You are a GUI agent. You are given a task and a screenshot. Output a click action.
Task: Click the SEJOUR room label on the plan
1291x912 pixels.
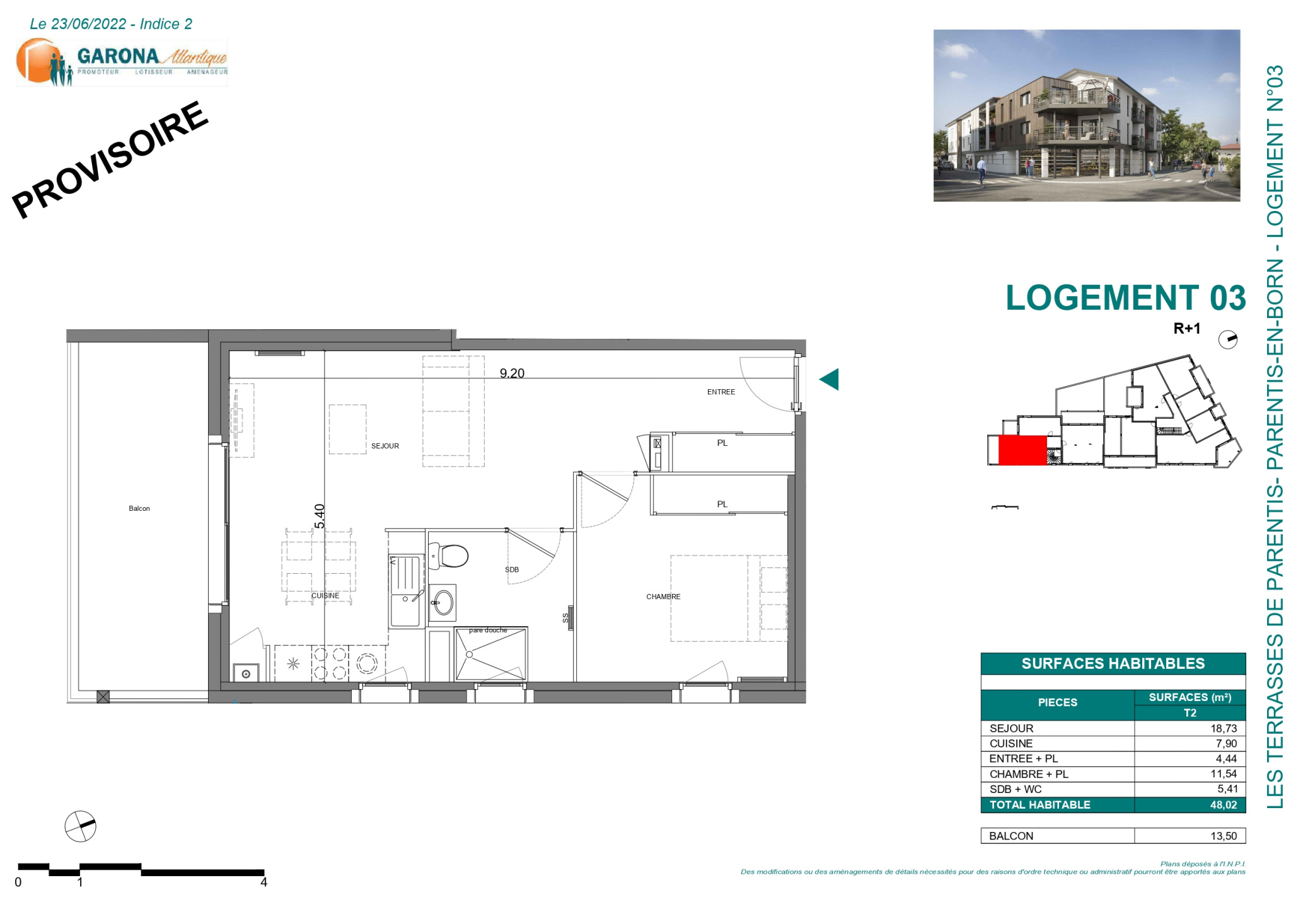pos(385,446)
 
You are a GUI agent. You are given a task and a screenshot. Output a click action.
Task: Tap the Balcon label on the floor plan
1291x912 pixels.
pos(139,508)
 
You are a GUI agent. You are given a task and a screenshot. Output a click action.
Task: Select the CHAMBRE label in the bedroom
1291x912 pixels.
pos(663,596)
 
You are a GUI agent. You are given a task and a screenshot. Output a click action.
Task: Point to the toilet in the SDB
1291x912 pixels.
pos(449,556)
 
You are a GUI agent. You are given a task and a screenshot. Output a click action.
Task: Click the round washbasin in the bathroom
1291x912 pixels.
pos(443,602)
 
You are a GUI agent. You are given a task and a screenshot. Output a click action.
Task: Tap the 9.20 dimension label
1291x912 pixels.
pos(512,373)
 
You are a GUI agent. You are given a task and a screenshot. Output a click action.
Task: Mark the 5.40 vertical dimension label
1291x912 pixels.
pos(320,516)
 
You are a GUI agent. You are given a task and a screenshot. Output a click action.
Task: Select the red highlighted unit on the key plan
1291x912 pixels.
pos(1022,450)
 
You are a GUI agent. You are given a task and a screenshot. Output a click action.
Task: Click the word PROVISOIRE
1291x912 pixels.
pos(110,159)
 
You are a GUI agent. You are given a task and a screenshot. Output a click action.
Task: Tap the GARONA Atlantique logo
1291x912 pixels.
pos(122,62)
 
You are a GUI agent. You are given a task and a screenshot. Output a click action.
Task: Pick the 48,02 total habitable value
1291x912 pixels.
pos(1224,805)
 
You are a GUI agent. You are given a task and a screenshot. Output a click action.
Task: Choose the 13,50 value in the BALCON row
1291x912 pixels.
pos(1224,836)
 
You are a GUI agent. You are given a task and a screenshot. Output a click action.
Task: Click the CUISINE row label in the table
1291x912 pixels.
pos(1011,743)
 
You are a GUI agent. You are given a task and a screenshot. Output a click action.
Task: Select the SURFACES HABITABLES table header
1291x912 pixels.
pos(1113,663)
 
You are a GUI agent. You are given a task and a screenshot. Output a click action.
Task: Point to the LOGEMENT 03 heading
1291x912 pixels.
pos(1126,297)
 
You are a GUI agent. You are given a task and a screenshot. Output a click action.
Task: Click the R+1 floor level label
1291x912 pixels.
pos(1187,328)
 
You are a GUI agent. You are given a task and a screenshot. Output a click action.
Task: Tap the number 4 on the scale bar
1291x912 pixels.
pos(263,882)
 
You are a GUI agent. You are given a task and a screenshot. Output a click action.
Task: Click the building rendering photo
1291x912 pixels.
pos(1087,115)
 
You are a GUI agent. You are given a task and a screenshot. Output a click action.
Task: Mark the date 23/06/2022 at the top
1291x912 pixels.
pos(89,24)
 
